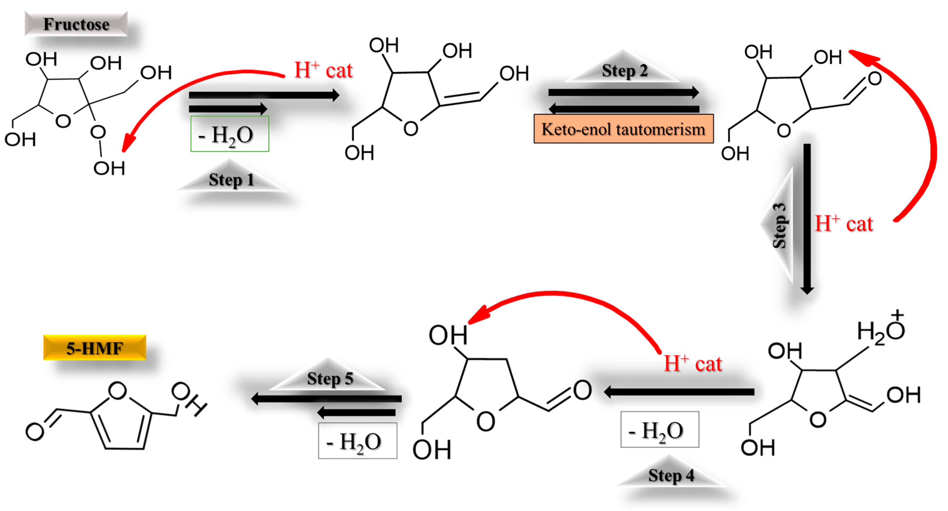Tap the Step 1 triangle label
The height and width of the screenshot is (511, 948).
coord(231,180)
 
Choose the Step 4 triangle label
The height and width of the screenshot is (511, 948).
coord(671,475)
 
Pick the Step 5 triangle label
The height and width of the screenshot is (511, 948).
coord(330,378)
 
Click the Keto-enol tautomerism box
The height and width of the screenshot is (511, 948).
coord(624,129)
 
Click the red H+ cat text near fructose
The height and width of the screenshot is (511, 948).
coord(323,70)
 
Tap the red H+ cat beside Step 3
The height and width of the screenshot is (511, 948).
coord(844,223)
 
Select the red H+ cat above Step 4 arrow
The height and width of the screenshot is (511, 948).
coord(693,363)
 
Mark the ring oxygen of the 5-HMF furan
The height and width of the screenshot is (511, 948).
coord(118,391)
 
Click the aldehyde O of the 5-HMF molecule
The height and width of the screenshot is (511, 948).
coord(35,431)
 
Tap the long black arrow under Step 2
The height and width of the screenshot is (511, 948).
coord(624,92)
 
